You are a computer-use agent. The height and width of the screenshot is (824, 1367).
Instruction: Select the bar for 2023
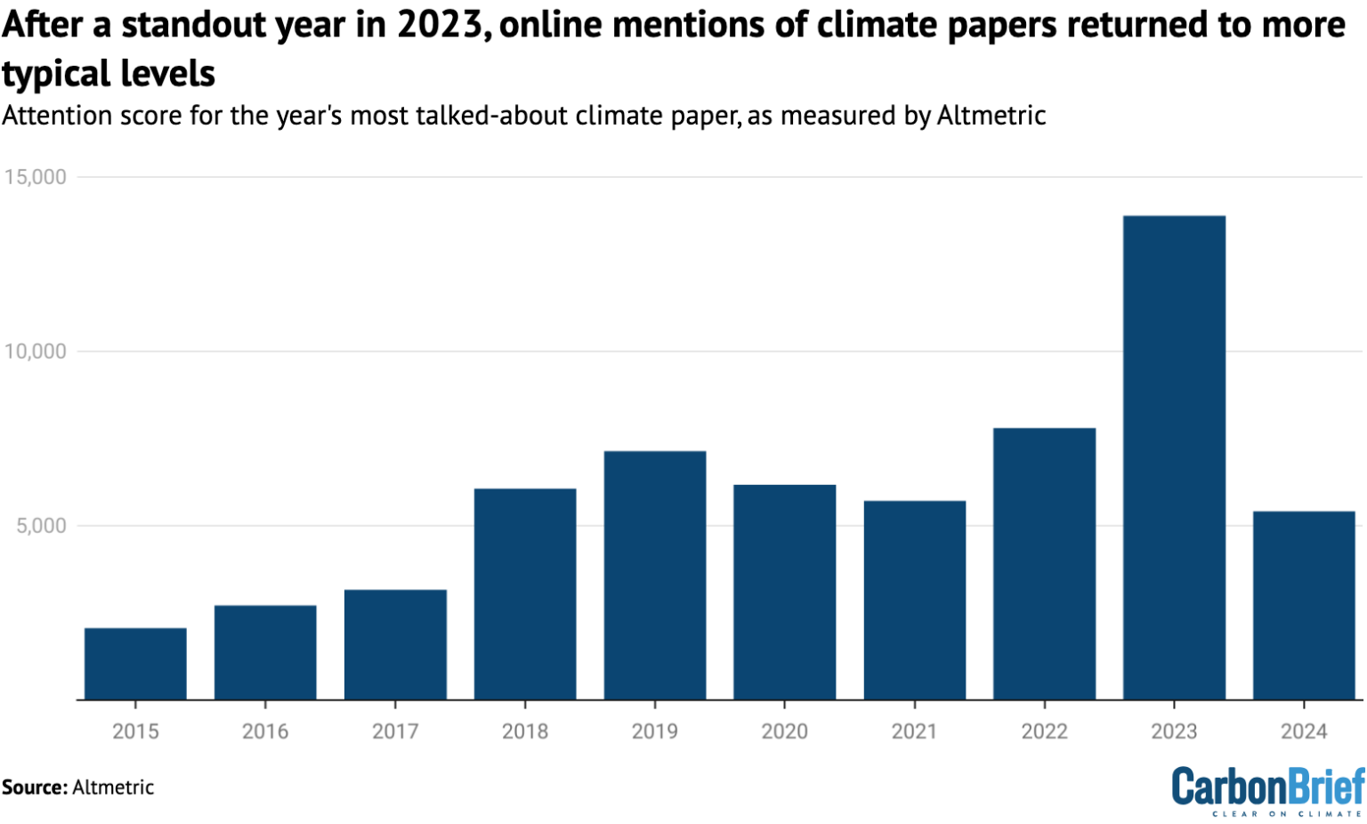(1174, 457)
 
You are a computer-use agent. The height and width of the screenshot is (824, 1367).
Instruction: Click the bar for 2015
(135, 664)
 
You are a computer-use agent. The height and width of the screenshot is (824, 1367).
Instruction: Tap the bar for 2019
(655, 575)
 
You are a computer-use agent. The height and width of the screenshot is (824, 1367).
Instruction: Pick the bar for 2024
(1304, 605)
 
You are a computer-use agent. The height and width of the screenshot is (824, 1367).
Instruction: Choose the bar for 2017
(395, 644)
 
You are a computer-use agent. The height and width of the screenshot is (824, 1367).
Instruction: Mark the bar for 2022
(1044, 563)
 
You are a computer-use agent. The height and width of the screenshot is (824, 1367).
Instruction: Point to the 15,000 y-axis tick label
(35, 177)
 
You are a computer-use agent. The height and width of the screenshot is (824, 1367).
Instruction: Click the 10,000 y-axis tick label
(35, 351)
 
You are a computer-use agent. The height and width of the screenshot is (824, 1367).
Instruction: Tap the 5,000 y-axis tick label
(41, 526)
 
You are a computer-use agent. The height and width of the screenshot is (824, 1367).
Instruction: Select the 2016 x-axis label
(265, 731)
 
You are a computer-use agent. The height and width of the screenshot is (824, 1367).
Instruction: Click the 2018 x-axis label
(525, 731)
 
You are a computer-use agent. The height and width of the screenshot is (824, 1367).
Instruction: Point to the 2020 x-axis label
(785, 731)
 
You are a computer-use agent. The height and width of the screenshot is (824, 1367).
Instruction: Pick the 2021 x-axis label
(914, 731)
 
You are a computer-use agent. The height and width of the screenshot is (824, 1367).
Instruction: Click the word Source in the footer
(34, 788)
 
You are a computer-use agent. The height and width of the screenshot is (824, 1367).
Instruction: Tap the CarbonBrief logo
(1267, 787)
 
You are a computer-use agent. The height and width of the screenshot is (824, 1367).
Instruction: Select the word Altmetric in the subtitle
(991, 116)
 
